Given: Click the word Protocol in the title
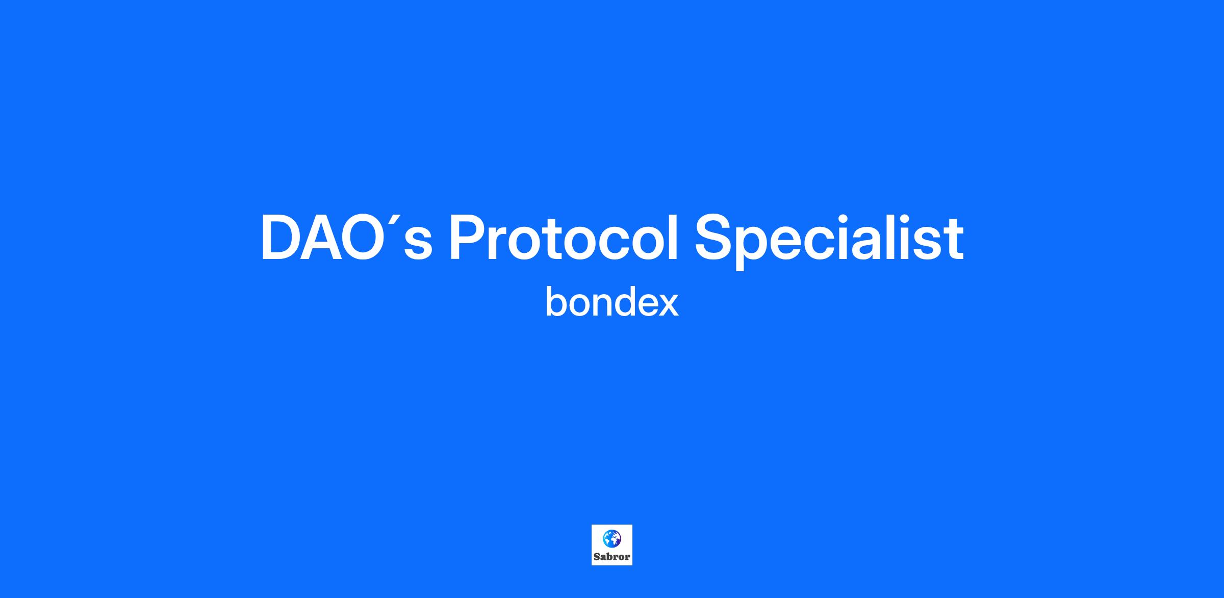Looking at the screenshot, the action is click(x=564, y=238).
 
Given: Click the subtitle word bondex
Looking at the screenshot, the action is click(x=612, y=302).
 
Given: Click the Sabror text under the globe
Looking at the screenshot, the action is click(x=612, y=557).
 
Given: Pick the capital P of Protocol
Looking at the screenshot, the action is click(x=469, y=238).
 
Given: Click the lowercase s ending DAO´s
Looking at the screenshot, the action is click(x=418, y=245).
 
